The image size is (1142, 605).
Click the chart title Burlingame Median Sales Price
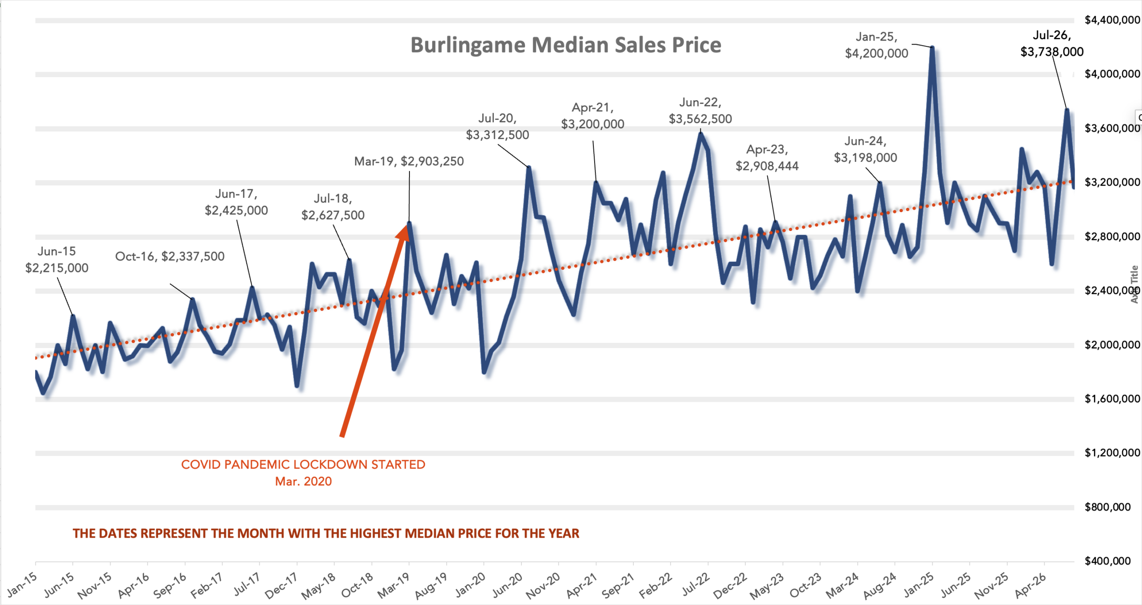tap(566, 45)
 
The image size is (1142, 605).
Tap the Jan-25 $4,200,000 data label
tap(877, 45)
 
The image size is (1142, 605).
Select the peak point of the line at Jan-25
tap(932, 47)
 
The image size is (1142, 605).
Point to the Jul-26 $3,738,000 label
tap(1052, 43)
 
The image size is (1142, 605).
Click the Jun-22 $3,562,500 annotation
tap(700, 111)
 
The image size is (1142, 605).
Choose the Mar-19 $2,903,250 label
tap(409, 161)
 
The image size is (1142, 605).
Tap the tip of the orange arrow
tap(408, 224)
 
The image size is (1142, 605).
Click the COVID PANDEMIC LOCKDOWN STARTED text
tap(303, 465)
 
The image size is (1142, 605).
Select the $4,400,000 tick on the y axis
tap(1112, 20)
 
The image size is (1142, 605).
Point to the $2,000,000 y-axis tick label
tap(1112, 345)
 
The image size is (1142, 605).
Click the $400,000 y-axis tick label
tap(1108, 561)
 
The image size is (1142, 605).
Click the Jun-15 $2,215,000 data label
tap(57, 259)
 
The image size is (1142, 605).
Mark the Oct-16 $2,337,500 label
tap(170, 256)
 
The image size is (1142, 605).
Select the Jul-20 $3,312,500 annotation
tap(497, 127)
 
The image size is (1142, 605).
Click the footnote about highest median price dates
tap(326, 533)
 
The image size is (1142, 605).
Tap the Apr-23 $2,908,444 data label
tap(767, 158)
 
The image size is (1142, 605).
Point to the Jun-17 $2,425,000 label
tap(236, 202)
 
